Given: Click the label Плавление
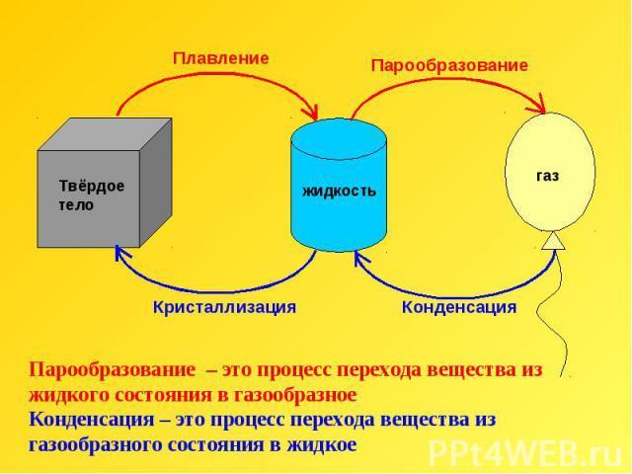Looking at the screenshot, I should (x=220, y=58).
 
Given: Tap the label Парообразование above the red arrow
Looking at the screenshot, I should (x=449, y=64).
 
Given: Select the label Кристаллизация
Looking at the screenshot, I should (x=224, y=307).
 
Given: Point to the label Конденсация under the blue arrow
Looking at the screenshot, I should (x=458, y=307).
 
